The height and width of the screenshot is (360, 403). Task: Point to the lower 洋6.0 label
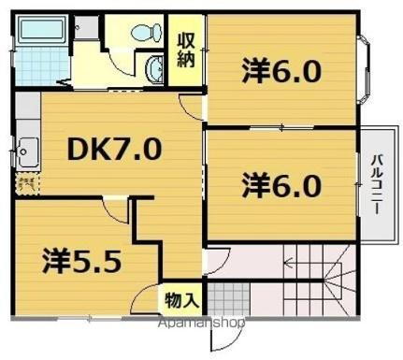[x=281, y=184]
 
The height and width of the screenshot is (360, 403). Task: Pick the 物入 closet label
[x=181, y=300]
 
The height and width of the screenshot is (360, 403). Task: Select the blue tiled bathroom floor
[x=42, y=66]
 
